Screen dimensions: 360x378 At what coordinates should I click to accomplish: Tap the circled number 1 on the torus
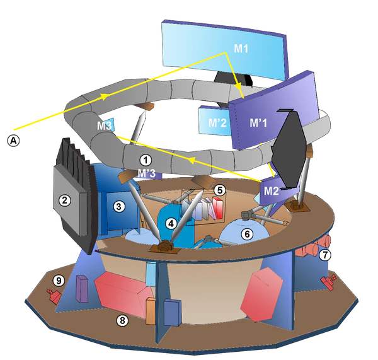146,160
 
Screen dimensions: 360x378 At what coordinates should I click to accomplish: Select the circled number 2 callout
64,200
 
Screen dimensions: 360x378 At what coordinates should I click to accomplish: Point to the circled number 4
171,223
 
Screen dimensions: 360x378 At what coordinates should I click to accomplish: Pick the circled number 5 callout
220,189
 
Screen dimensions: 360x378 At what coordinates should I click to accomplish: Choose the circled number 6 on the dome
248,234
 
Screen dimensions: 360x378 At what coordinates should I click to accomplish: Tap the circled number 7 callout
324,255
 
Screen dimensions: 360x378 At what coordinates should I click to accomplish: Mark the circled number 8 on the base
122,320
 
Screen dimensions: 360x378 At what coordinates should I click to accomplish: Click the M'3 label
146,173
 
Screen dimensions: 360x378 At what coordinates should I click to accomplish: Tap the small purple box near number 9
81,289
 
